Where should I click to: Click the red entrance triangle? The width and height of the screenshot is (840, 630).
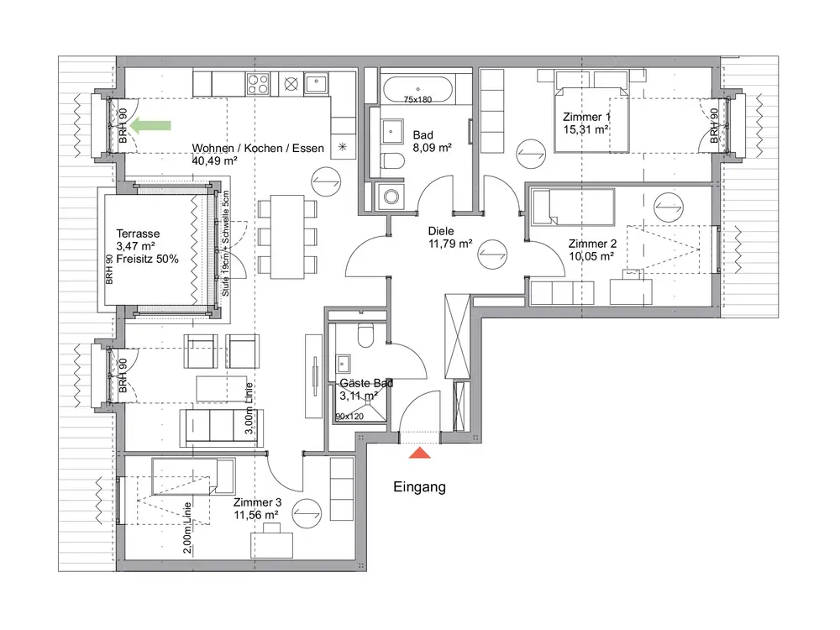[420, 454]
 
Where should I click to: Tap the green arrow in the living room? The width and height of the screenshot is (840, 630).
[150, 126]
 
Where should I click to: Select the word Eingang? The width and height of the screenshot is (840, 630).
[419, 487]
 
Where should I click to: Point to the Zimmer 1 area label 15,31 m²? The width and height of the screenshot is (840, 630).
[585, 129]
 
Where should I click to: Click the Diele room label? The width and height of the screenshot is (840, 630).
[441, 232]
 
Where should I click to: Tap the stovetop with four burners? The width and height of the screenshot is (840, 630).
[258, 83]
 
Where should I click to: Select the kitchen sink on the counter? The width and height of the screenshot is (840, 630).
[317, 83]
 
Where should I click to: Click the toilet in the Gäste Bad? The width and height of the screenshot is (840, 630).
[366, 335]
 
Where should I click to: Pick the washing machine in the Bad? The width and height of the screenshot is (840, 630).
[391, 196]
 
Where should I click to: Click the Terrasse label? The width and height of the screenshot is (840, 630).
[138, 234]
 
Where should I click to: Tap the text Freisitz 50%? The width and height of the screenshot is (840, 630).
[147, 260]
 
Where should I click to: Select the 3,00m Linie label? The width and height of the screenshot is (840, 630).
[249, 408]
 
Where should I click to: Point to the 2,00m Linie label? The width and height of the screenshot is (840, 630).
[187, 528]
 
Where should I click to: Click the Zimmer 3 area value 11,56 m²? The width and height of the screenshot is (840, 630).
[256, 516]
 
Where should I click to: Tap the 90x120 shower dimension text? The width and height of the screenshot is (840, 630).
[349, 417]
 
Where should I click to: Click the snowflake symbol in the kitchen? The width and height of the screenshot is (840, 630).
[343, 146]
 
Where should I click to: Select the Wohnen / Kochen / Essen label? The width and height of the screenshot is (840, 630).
[258, 149]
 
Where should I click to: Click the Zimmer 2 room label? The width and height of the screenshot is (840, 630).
[592, 244]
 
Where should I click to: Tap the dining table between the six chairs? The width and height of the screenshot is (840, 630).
[287, 237]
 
